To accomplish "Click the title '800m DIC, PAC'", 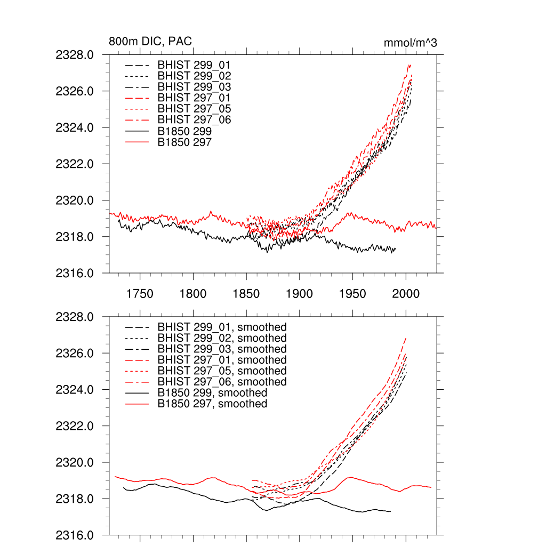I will [150, 42].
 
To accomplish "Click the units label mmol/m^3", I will [410, 43].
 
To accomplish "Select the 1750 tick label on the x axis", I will [140, 294].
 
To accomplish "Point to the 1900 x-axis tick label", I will [299, 294].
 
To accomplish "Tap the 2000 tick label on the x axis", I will [406, 294].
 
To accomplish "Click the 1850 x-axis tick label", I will [246, 294].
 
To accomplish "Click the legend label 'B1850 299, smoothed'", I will [212, 393].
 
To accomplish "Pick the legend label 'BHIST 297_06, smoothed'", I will [222, 382].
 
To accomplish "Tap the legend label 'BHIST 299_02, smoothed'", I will [222, 338].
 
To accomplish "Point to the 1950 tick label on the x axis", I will [352, 294].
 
